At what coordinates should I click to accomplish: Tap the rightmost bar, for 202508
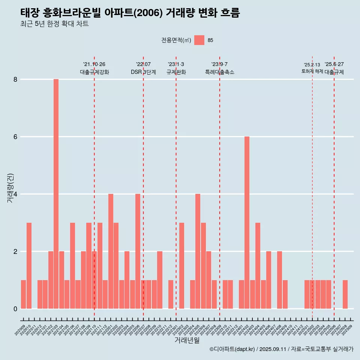[345, 294]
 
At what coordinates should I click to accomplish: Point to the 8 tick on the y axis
[15, 79]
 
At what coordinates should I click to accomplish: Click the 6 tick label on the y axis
[15, 137]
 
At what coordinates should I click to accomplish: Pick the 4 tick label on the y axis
[15, 194]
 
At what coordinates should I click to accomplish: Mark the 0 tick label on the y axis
[15, 309]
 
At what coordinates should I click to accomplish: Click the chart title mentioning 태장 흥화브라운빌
[130, 13]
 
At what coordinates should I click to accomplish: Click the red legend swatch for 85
[199, 40]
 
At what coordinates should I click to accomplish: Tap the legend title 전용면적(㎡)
[176, 40]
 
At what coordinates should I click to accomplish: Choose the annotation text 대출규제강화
[94, 72]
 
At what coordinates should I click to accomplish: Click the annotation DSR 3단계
[143, 72]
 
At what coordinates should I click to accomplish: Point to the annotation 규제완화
[176, 72]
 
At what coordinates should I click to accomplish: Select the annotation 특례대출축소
[220, 72]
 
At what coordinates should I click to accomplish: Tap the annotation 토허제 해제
[312, 71]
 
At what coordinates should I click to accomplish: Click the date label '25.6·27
[334, 64]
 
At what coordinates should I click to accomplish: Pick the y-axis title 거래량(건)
[11, 188]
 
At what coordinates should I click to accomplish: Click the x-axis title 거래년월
[187, 340]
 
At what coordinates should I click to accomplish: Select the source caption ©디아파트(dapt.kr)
[232, 349]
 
